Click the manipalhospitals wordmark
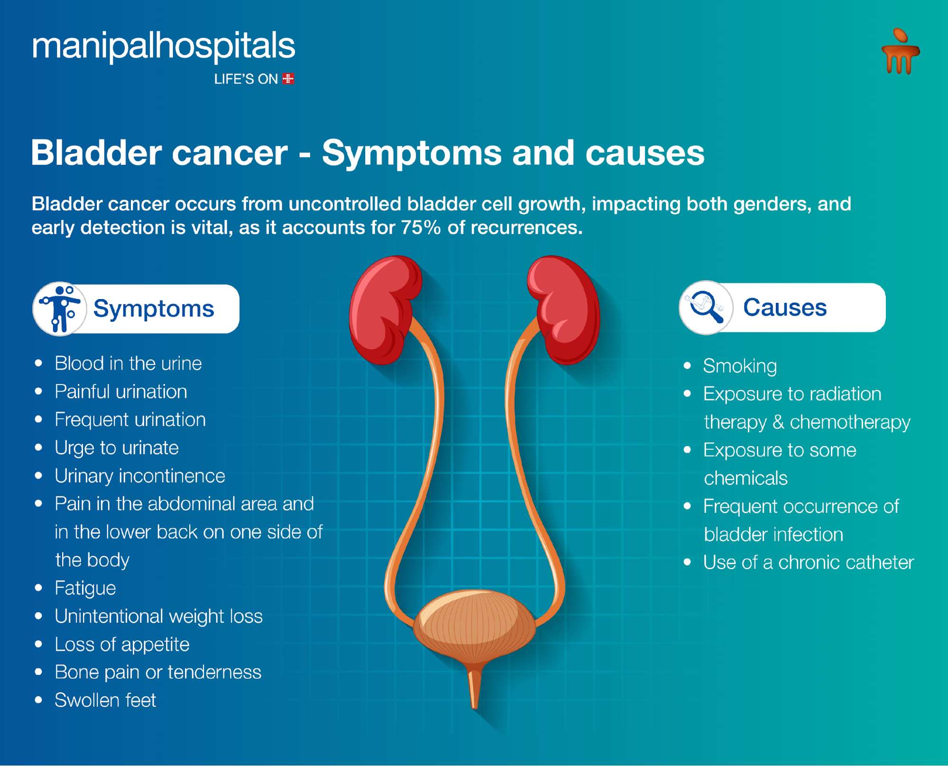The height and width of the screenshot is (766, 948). coord(164,46)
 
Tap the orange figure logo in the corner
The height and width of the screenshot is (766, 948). coord(901,51)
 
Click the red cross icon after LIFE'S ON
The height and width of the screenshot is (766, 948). coord(288,79)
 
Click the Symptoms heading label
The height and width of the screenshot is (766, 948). coord(154,309)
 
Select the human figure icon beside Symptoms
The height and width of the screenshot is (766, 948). coord(60,309)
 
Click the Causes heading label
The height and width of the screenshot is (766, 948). coord(785,307)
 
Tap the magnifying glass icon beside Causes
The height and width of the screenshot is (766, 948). coord(707,307)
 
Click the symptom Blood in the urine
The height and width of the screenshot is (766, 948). coord(128,364)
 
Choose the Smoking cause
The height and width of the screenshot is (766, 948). coord(740,366)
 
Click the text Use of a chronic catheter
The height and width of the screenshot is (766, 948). coord(808,563)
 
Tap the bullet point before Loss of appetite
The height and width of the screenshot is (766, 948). coord(39,645)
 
